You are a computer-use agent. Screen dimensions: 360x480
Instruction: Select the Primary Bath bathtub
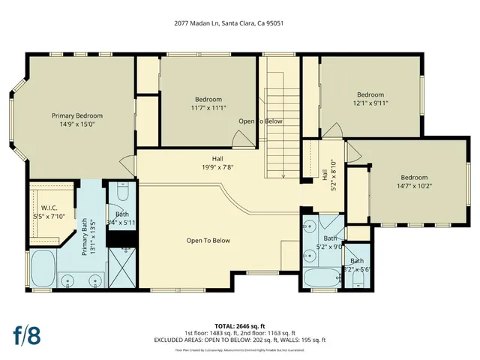(43, 271)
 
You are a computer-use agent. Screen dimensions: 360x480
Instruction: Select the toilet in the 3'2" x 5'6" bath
(358, 280)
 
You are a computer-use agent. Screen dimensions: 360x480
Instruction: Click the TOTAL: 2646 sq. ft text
(240, 326)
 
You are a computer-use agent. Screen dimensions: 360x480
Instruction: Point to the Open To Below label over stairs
(260, 121)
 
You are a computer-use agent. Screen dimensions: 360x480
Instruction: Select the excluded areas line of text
(240, 339)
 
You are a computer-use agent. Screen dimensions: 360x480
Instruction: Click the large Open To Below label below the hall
(208, 241)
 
